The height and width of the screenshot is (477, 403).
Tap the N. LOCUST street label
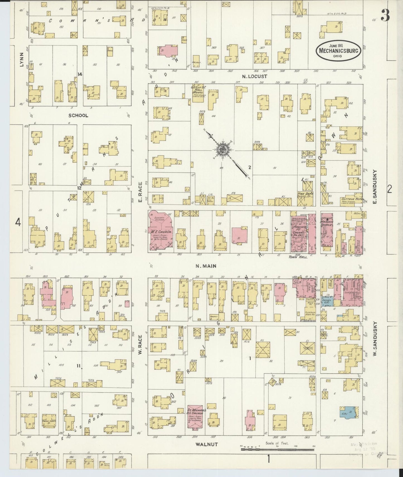pos(255,76)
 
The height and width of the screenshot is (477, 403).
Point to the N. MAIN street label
pos(206,266)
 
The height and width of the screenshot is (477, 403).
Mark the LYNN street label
pos(21,60)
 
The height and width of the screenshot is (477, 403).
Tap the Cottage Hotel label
pos(349,199)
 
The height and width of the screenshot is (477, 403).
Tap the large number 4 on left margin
pos(18,223)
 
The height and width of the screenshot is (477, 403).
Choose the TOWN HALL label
pos(298,257)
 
